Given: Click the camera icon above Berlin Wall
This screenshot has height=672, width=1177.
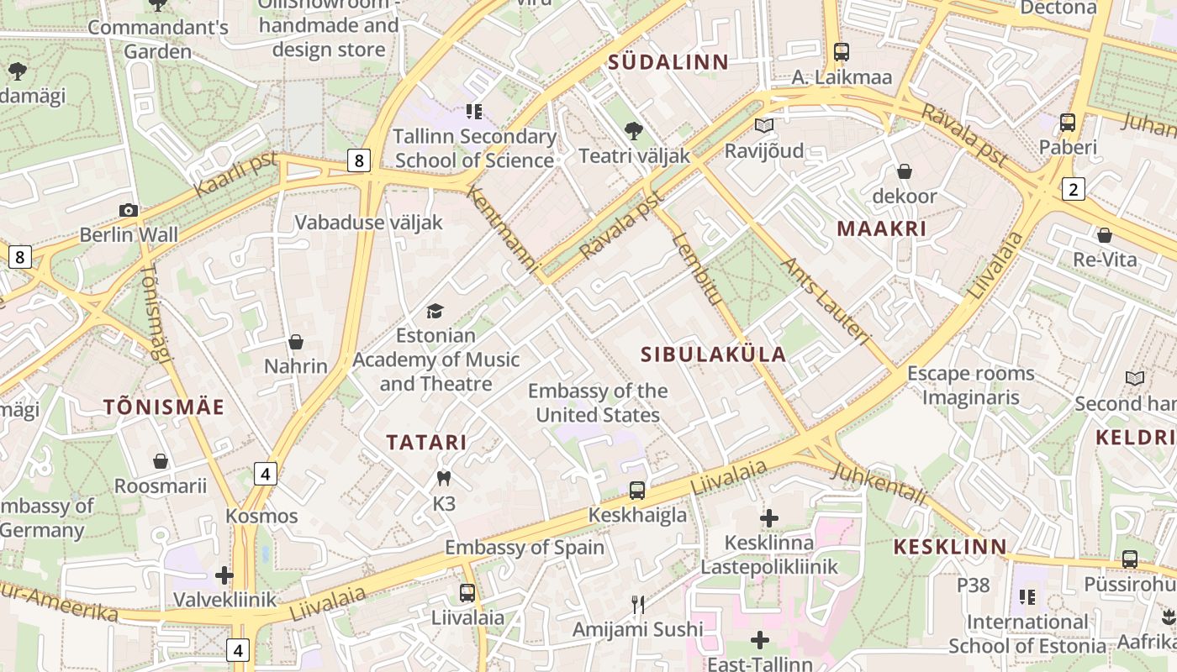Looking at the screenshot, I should click(x=128, y=210).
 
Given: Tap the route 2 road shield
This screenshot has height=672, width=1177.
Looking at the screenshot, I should click(x=1073, y=189).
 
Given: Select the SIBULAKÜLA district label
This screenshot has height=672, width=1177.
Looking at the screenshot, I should click(x=713, y=354).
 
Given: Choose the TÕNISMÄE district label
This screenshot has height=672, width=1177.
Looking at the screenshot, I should click(x=164, y=407).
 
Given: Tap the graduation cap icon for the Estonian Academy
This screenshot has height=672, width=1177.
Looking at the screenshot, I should click(x=435, y=312).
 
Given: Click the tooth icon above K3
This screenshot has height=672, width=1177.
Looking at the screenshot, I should click(x=444, y=479).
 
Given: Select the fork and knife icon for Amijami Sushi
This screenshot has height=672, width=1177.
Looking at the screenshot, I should click(x=638, y=605).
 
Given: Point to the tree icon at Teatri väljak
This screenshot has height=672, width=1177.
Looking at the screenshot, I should click(x=633, y=131).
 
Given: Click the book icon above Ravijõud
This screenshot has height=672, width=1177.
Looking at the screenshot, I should click(x=763, y=126).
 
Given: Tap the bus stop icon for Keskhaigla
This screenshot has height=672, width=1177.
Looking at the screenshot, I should click(x=637, y=490).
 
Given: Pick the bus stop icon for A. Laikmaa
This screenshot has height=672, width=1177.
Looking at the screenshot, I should click(x=842, y=52).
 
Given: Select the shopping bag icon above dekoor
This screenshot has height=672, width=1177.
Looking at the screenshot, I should click(x=905, y=172).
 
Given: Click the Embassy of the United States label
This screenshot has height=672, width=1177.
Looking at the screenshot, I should click(x=598, y=403).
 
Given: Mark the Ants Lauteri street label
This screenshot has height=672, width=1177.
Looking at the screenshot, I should click(x=825, y=301).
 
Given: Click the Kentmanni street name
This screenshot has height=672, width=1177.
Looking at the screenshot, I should click(x=502, y=228).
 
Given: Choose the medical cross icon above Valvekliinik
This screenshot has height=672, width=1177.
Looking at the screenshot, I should click(x=224, y=575).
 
